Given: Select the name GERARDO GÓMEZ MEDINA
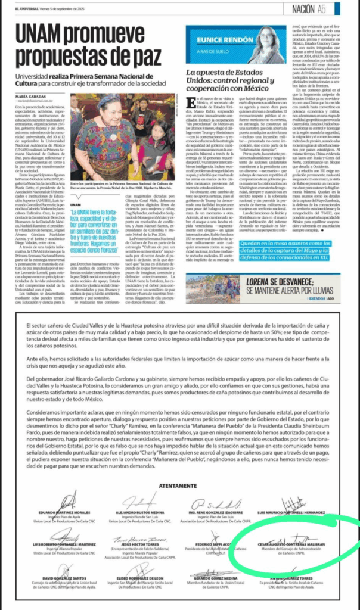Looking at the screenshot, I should (x=213, y=578).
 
